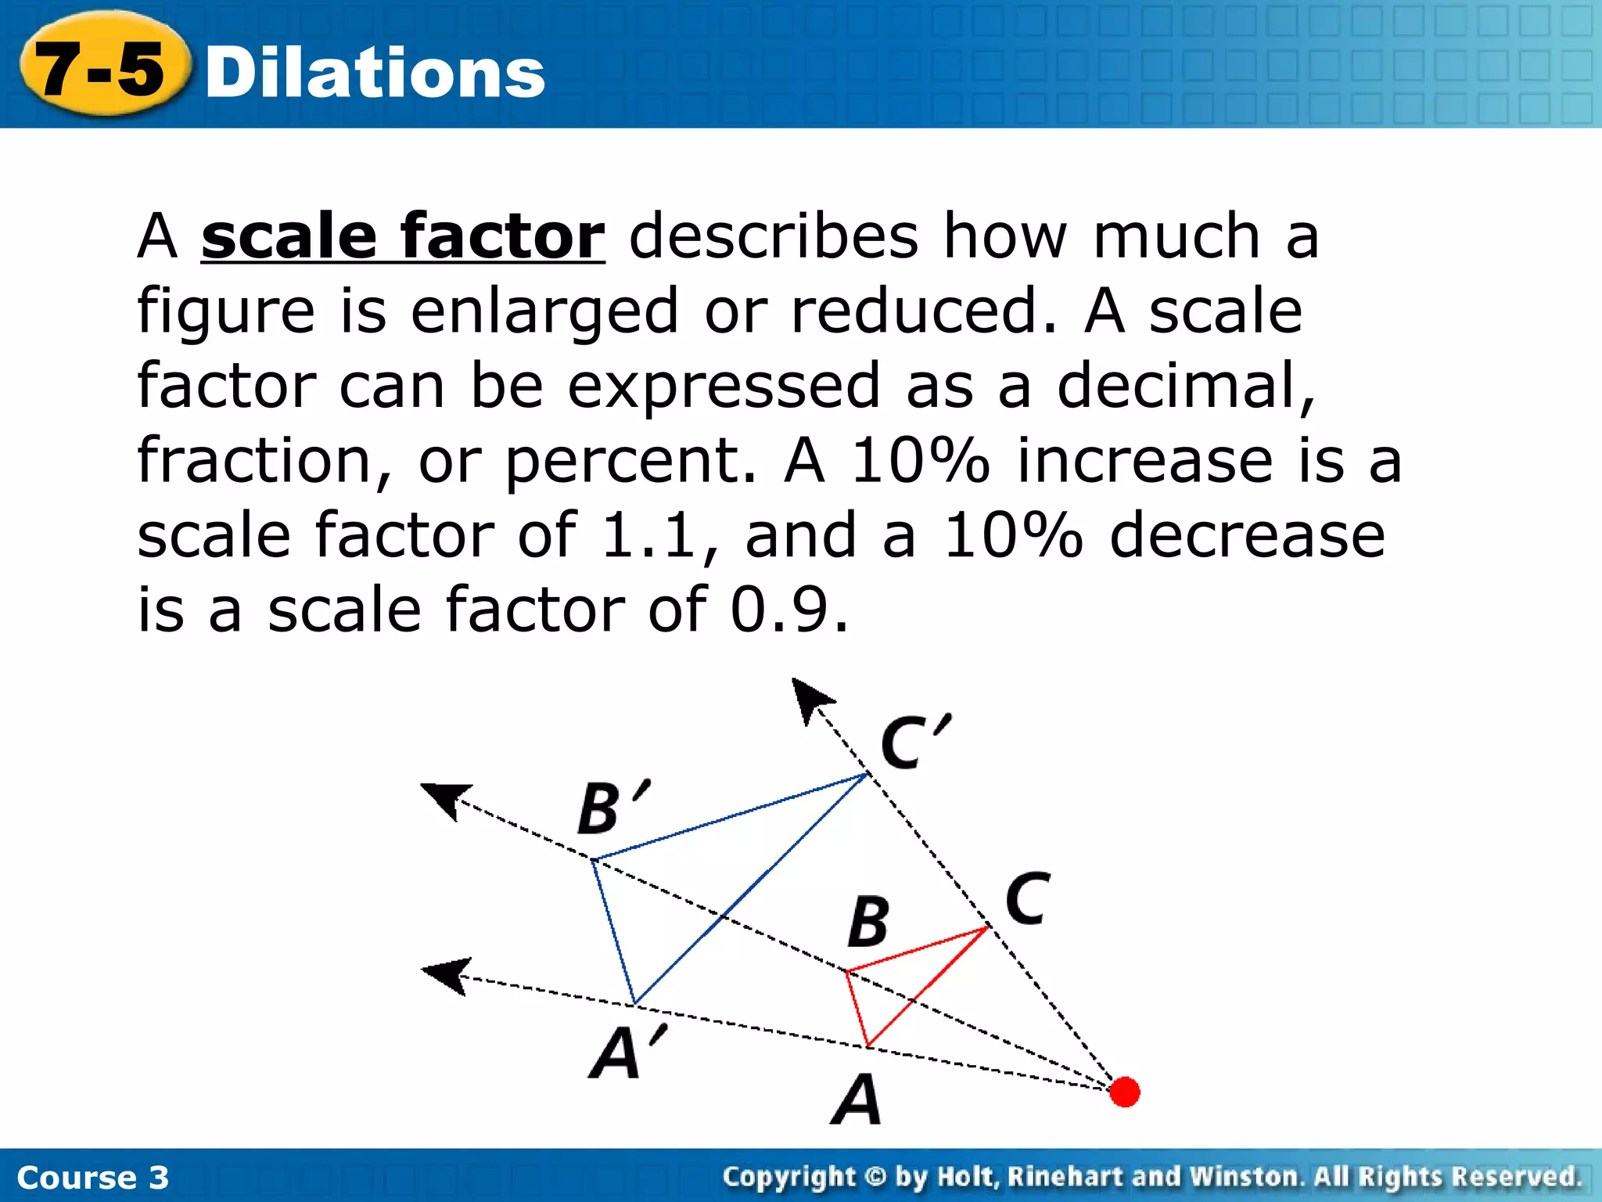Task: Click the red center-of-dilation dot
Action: pos(1124,1092)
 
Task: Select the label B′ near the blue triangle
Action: pos(612,808)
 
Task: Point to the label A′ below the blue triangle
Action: pos(626,1052)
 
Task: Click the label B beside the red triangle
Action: pos(868,922)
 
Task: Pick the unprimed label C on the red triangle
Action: pos(1027,899)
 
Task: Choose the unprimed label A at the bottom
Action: pos(857,1099)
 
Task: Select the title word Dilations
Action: pos(375,73)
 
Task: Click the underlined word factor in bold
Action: pos(502,236)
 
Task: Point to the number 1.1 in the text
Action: pos(649,535)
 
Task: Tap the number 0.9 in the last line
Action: pos(788,610)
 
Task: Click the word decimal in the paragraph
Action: pos(1184,385)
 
